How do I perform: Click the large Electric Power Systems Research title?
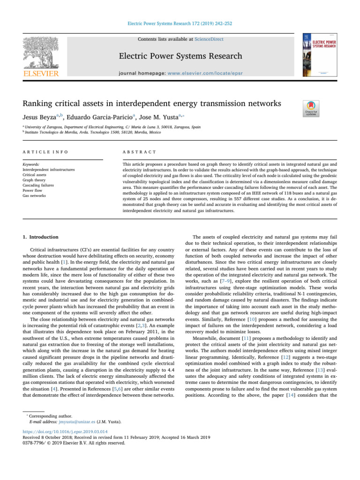click(x=180, y=56)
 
